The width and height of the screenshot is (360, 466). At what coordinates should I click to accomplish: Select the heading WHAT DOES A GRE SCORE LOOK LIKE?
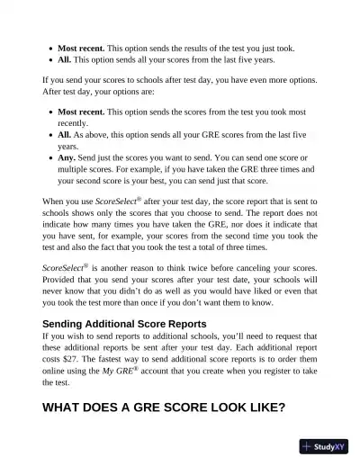[164, 408]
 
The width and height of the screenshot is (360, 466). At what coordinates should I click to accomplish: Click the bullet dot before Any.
[48, 157]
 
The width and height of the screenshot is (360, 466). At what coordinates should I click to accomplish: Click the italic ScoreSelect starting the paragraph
[66, 268]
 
